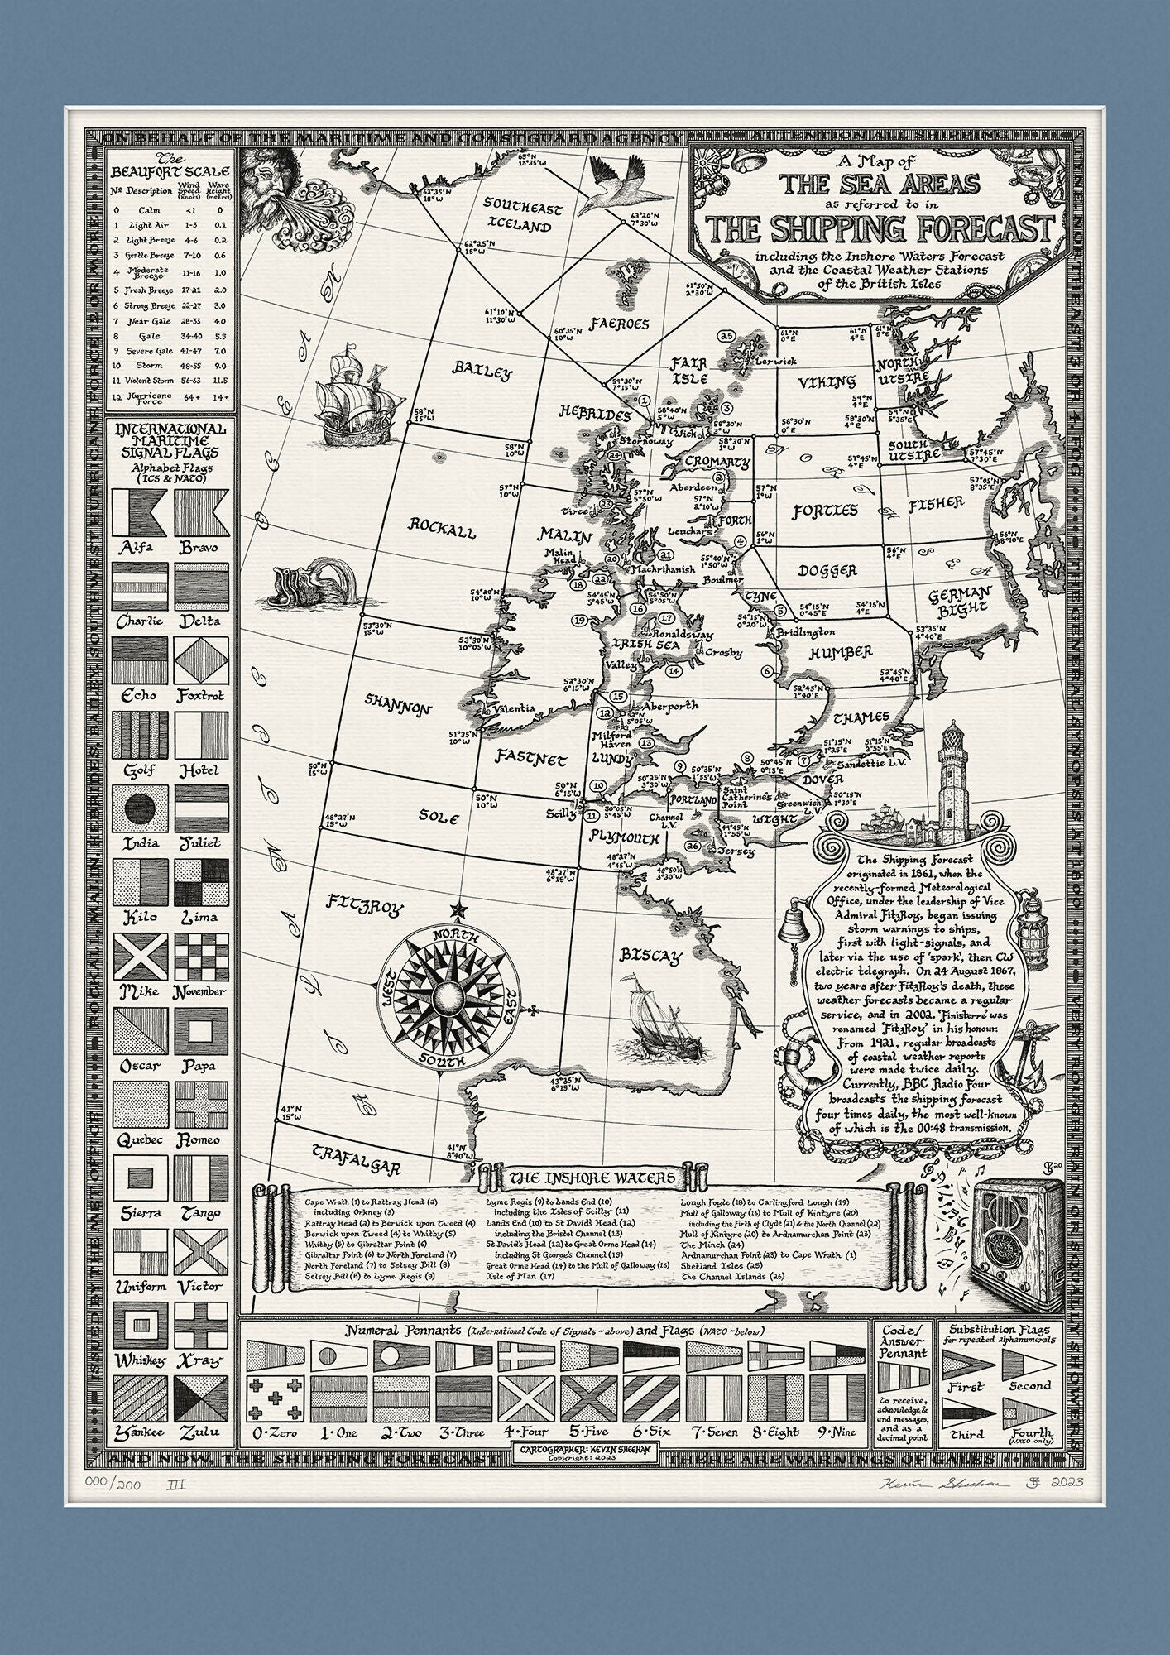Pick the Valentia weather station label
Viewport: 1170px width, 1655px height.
[514, 708]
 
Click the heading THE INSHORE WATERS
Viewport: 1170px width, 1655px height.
[592, 1178]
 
